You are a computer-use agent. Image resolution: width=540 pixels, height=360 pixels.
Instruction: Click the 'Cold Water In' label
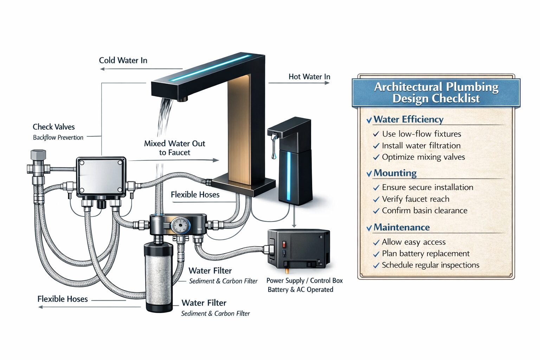123,60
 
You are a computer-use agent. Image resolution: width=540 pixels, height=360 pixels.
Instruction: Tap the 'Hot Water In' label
309,77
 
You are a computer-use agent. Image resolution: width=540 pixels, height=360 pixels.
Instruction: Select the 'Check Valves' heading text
53,127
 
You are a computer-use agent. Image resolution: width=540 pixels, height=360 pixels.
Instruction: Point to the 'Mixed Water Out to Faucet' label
174,148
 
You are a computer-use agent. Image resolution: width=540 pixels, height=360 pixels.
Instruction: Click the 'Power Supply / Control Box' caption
304,281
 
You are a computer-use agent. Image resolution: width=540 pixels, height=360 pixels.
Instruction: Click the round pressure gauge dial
180,225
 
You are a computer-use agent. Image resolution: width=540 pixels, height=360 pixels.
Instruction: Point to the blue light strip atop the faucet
211,67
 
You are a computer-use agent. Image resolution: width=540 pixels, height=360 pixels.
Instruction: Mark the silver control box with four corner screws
101,177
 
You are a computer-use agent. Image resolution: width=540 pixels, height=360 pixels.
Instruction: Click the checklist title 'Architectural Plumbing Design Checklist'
436,92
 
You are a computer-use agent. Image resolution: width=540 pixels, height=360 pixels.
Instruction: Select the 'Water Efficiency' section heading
408,120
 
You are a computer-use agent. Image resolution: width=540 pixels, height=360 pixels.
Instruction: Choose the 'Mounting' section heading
395,173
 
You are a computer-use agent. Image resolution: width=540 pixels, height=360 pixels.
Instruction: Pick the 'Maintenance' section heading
401,227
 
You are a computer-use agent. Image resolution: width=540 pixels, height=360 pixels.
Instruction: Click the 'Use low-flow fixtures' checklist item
421,134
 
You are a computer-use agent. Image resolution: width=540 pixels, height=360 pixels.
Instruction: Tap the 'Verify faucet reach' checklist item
415,199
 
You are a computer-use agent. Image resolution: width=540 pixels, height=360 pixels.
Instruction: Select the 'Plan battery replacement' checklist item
425,253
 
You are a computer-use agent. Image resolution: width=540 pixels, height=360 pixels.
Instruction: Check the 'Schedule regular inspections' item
430,265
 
